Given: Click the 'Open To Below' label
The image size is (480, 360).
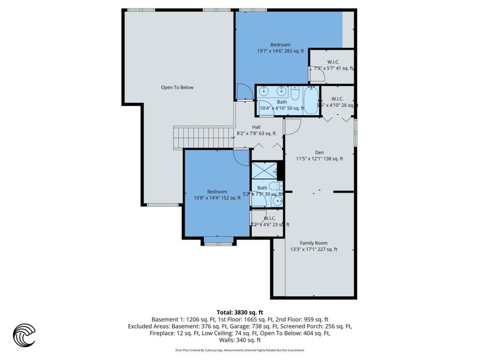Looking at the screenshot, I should point(177,87).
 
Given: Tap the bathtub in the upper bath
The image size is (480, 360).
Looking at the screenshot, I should point(310,99).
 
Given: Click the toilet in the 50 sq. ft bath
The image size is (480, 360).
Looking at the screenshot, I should point(295,91).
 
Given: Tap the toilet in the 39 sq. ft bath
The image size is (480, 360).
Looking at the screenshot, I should point(274,186).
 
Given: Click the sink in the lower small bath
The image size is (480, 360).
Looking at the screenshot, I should point(276,201).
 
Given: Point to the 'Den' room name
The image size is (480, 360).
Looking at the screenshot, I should point(319,152).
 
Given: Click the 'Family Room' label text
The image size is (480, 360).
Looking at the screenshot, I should point(314,243).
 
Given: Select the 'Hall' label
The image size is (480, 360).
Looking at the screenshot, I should point(257,127).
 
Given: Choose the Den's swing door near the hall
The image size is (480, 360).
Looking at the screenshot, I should point(293,126).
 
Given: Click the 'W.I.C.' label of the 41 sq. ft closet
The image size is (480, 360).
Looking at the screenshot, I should point(333,62).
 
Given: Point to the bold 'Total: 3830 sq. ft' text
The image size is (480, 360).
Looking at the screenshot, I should point(239,312).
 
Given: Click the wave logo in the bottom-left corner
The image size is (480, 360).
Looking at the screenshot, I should point(24,335).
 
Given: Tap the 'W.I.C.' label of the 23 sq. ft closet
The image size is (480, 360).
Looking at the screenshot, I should point(269,218).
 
